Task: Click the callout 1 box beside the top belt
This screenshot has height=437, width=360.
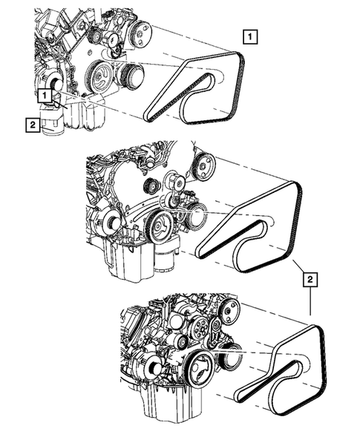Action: pos(250,36)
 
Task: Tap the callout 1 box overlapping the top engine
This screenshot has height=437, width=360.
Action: pos(45,96)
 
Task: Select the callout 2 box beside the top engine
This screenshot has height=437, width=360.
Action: pos(33,125)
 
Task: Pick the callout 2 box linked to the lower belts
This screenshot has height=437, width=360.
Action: pos(310,280)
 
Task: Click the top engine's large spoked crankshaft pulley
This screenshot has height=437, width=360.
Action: pos(99,76)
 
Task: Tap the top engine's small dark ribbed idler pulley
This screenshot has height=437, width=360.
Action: pos(96,36)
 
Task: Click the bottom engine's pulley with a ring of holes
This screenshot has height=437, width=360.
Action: pos(199,328)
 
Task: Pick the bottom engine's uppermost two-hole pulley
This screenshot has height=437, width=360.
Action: pos(229,312)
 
